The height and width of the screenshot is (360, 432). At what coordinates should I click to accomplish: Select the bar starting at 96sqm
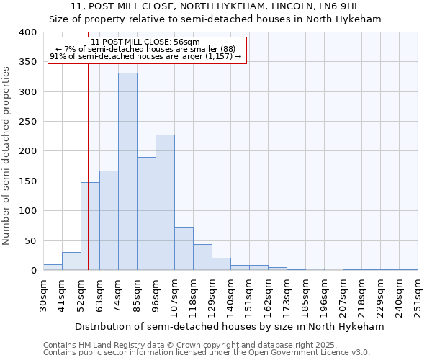point(165,202)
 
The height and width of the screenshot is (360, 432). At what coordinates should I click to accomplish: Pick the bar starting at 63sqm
point(109,220)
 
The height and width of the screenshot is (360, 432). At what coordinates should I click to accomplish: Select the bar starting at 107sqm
point(184,248)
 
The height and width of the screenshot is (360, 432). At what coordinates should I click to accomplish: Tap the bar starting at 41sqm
point(71,261)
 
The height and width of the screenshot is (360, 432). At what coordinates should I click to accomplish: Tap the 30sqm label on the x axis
point(43,294)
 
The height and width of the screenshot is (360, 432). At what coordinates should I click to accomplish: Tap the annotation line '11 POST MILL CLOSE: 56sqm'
point(146,42)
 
